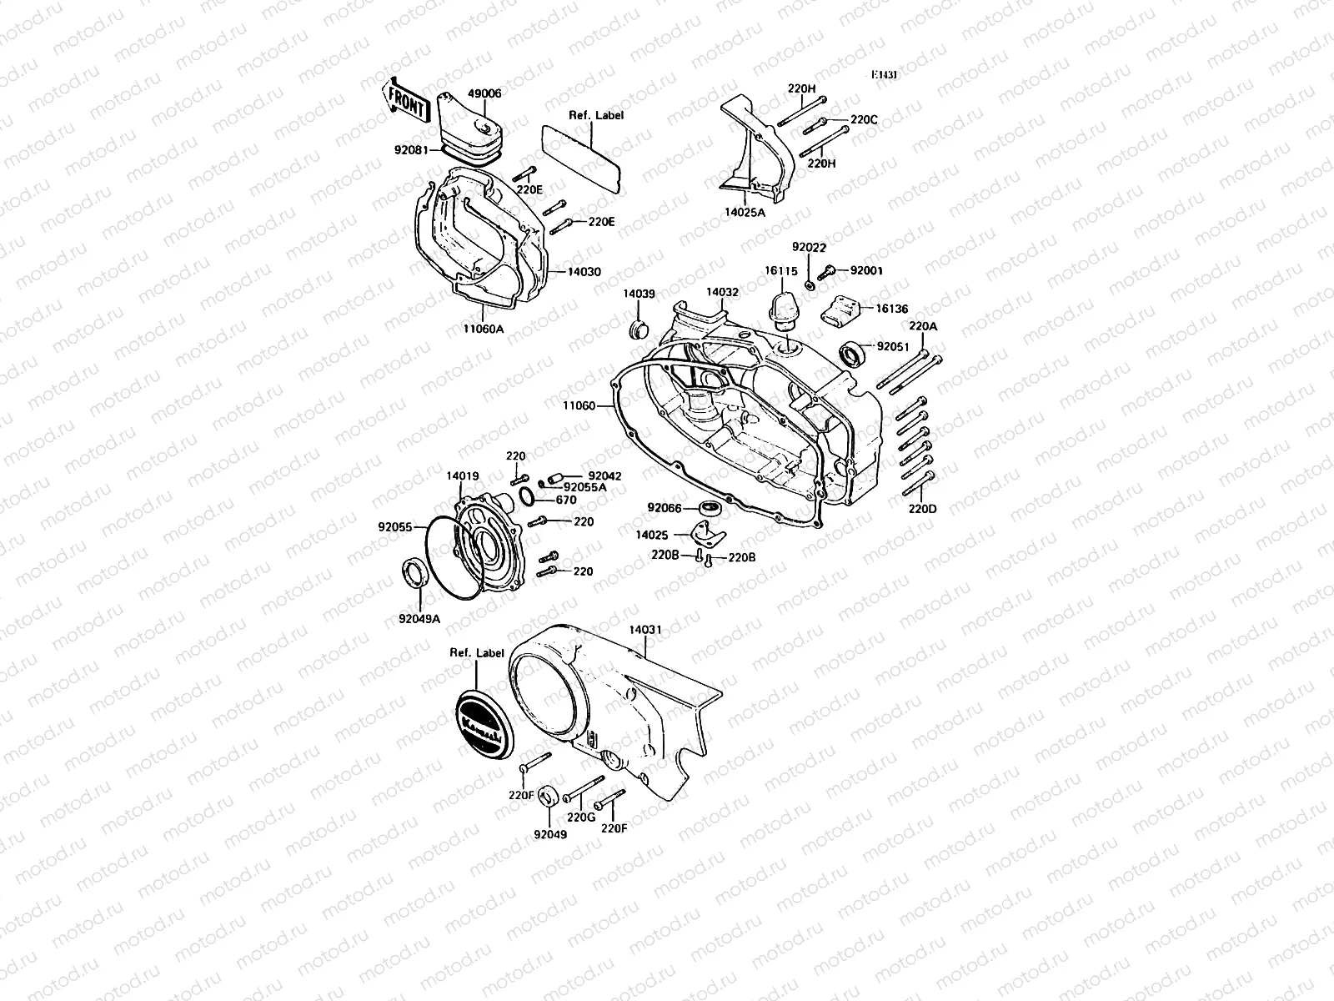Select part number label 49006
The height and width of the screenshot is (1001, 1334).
tap(484, 94)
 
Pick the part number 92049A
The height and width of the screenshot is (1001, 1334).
tap(421, 619)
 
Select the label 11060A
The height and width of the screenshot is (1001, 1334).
tap(483, 329)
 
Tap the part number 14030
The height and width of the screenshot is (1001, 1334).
tap(584, 272)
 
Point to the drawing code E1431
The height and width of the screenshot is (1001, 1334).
tap(885, 75)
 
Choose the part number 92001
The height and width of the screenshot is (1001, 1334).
tap(866, 270)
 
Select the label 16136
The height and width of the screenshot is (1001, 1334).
tap(891, 308)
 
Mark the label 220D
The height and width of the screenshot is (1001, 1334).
tap(922, 508)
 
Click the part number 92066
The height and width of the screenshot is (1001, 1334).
tap(664, 507)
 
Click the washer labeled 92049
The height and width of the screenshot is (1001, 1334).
tap(547, 795)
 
